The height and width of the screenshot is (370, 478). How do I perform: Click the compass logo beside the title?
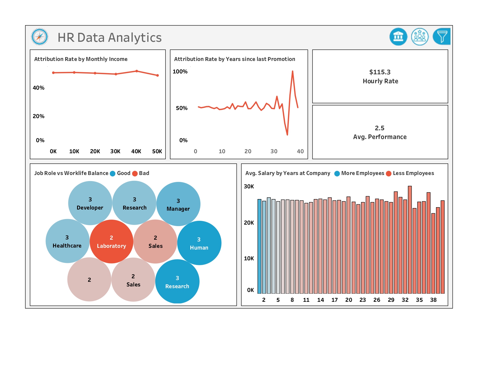[40, 37]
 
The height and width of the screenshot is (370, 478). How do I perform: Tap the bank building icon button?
[398, 37]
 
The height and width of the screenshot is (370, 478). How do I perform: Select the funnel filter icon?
[441, 37]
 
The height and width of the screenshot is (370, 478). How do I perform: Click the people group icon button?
[420, 37]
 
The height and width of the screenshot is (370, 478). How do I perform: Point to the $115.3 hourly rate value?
[380, 72]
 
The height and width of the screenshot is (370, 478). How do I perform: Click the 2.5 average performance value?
[380, 128]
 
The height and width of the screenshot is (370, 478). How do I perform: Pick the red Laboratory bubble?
[112, 241]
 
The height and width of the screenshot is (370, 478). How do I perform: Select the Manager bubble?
[178, 204]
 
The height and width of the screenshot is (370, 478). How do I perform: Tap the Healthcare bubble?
[67, 241]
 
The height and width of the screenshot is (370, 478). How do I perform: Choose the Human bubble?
[199, 243]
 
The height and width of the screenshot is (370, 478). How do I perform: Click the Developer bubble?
[90, 203]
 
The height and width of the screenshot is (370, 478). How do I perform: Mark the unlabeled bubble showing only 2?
[89, 279]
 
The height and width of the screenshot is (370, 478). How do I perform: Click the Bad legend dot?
[135, 174]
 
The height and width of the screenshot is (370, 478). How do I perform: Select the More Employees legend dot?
[337, 174]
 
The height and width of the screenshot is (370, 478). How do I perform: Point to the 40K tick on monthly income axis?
[136, 151]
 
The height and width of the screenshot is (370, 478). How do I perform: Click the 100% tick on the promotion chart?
[180, 72]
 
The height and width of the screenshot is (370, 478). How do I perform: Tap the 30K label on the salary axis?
[249, 186]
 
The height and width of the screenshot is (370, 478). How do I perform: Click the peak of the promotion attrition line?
[293, 71]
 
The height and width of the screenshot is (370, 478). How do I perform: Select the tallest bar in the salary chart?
[410, 240]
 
